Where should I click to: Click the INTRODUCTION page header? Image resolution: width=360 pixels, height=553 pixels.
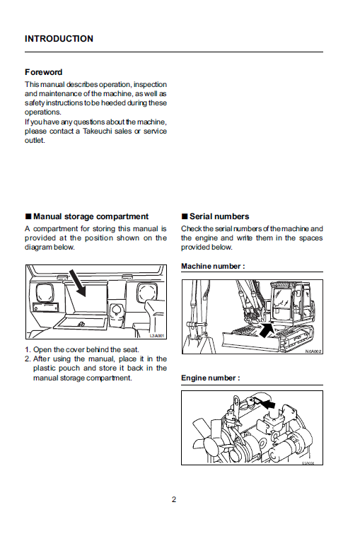pyautogui.click(x=59, y=39)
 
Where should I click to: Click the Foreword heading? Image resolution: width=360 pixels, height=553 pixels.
pyautogui.click(x=43, y=72)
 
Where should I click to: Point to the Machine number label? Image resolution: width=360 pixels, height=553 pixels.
pyautogui.click(x=213, y=267)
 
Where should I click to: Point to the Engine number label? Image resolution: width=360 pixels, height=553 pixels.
pyautogui.click(x=211, y=378)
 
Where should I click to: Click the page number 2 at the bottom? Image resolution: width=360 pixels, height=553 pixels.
pyautogui.click(x=174, y=499)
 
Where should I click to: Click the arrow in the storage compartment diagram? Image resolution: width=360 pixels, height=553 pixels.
pyautogui.click(x=77, y=283)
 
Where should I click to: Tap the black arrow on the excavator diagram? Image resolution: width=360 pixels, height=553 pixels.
pyautogui.click(x=266, y=330)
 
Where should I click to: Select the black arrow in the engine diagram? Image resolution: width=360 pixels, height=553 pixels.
pyautogui.click(x=267, y=404)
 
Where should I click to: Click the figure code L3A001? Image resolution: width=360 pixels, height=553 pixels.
pyautogui.click(x=157, y=336)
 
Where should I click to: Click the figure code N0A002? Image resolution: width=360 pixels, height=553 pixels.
pyautogui.click(x=313, y=351)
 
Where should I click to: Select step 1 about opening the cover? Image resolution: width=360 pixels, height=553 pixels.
pyautogui.click(x=82, y=350)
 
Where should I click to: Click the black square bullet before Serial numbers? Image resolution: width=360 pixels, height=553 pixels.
pyautogui.click(x=185, y=216)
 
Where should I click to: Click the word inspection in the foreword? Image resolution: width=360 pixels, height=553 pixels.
pyautogui.click(x=150, y=85)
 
